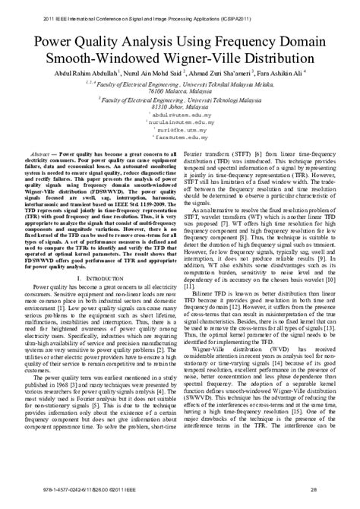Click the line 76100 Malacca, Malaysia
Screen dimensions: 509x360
[x=179, y=90]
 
